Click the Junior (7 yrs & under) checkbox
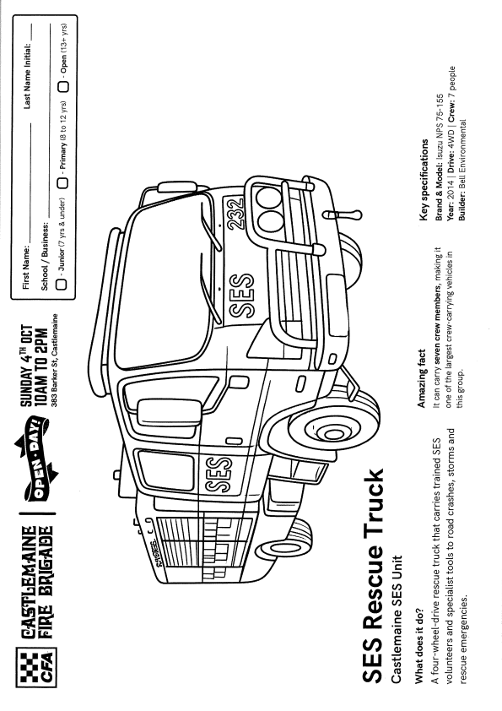[61, 285]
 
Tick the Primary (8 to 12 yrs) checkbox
[62, 182]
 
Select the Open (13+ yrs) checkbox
[64, 86]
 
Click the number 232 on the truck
[237, 214]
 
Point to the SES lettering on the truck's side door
[219, 475]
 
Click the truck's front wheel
[334, 426]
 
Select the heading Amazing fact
[421, 378]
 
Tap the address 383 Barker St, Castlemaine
[54, 361]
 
